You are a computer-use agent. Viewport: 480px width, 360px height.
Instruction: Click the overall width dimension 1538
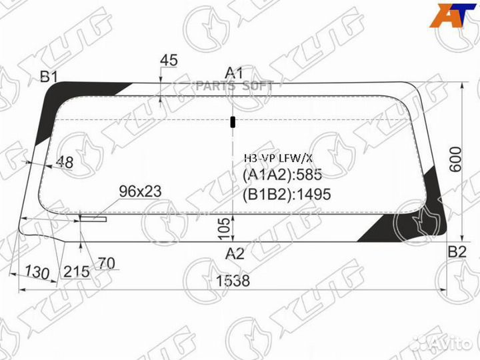click(233, 281)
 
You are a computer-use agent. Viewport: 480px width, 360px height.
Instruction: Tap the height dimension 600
click(456, 159)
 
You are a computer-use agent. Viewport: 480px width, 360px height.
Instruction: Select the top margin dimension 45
click(169, 60)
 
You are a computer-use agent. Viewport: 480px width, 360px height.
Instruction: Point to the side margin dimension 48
click(65, 162)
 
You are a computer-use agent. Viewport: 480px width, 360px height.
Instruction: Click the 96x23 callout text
click(140, 191)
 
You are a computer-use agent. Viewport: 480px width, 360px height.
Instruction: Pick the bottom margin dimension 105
click(225, 229)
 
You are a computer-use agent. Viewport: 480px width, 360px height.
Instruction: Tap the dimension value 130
click(37, 272)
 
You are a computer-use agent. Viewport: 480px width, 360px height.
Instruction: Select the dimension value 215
click(77, 271)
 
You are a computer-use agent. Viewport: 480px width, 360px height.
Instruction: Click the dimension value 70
click(106, 263)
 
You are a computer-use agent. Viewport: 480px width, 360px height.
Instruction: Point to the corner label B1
click(49, 77)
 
